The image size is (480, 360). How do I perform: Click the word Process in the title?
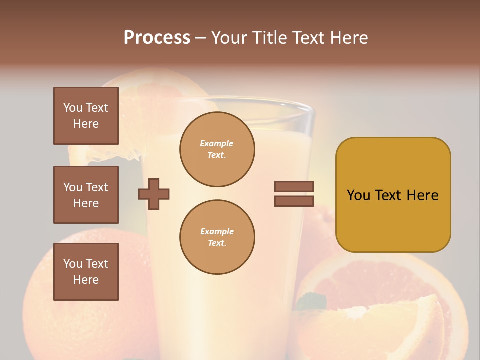157,38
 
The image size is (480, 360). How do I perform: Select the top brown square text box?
86,116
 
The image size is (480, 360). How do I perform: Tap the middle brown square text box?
86,195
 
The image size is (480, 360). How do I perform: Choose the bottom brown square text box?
86,272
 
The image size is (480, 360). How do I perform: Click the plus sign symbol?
154,194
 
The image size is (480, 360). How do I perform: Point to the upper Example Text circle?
217,149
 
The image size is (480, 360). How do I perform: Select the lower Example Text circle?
217,237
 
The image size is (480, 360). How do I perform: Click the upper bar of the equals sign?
294,186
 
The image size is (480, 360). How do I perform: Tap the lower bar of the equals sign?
294,201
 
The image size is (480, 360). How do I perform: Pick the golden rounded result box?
393,220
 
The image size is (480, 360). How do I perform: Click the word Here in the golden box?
422,195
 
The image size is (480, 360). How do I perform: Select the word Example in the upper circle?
217,143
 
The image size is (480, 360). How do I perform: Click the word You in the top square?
72,108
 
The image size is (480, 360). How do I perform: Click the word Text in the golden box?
390,195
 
